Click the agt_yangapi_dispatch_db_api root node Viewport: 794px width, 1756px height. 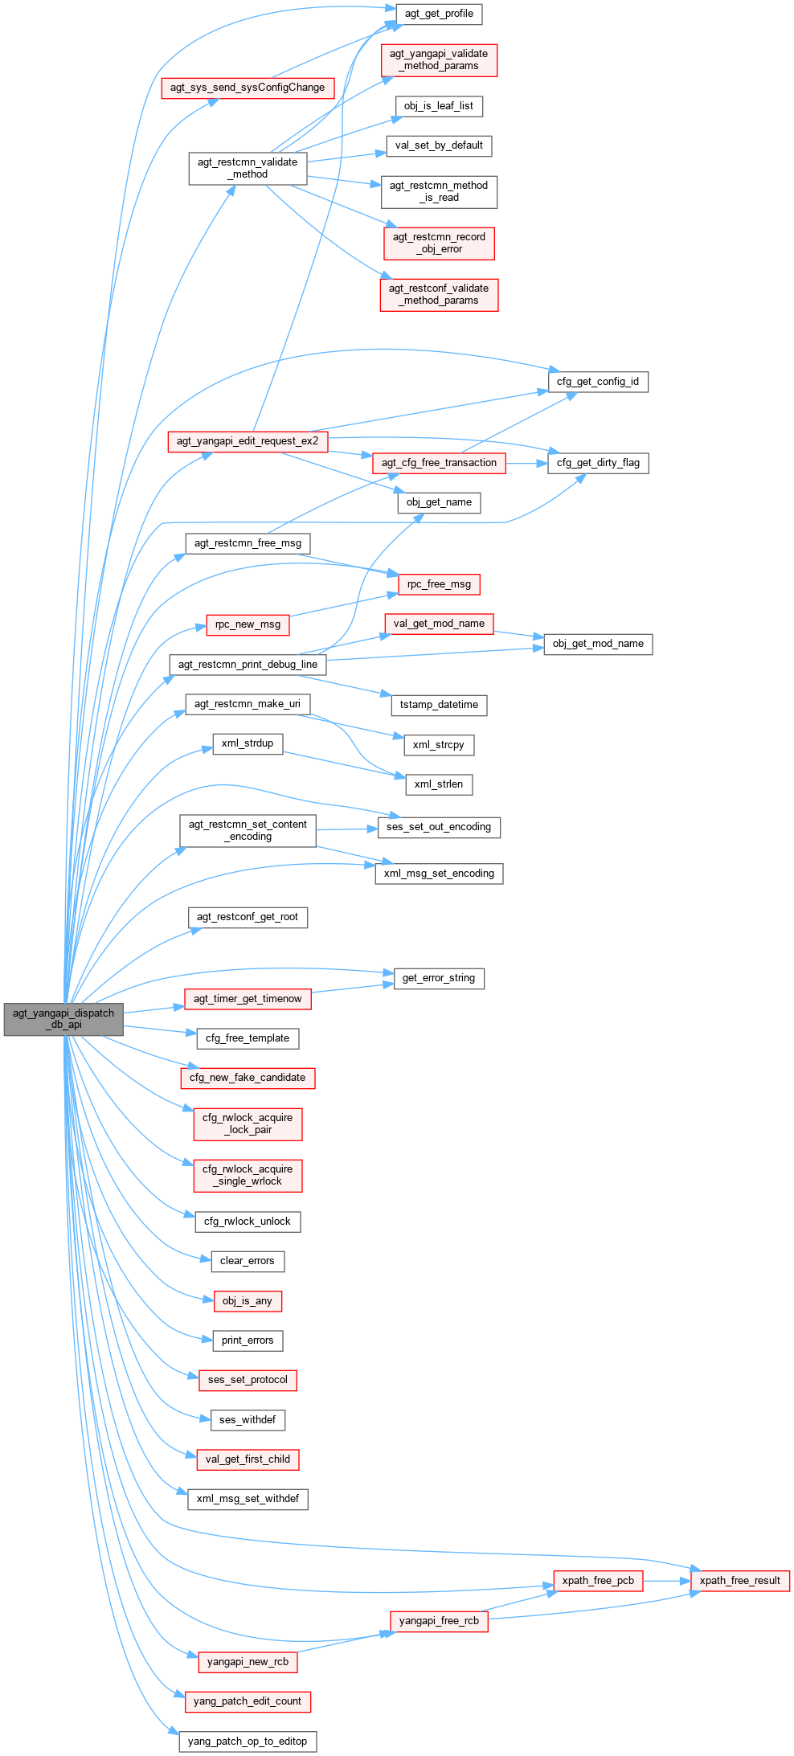[x=63, y=1019]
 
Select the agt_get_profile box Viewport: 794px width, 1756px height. [x=439, y=14]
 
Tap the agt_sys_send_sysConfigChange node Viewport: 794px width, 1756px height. [x=248, y=88]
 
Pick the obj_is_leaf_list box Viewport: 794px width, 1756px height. [x=439, y=106]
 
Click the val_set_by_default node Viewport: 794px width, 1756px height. [x=439, y=145]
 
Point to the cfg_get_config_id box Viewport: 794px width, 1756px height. [x=598, y=382]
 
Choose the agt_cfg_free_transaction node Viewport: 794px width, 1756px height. [x=439, y=463]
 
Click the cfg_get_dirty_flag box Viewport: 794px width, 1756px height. [x=598, y=463]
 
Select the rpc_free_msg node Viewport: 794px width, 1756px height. [x=439, y=584]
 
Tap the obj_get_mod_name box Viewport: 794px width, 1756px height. [x=598, y=644]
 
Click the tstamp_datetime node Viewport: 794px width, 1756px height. [x=439, y=705]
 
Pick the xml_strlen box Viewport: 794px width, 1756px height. [x=439, y=784]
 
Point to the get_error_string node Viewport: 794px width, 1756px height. [x=439, y=978]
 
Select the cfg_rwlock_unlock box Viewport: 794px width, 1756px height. [x=248, y=1222]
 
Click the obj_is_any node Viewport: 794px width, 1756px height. [x=248, y=1301]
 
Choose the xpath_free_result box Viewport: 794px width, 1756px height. [x=739, y=1581]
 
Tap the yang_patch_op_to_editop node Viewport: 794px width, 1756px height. [x=248, y=1742]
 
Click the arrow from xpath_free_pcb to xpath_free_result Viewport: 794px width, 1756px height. [x=667, y=1581]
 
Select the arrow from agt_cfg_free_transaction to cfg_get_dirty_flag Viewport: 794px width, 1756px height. [x=526, y=463]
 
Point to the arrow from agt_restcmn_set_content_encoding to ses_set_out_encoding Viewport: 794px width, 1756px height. [x=347, y=829]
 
